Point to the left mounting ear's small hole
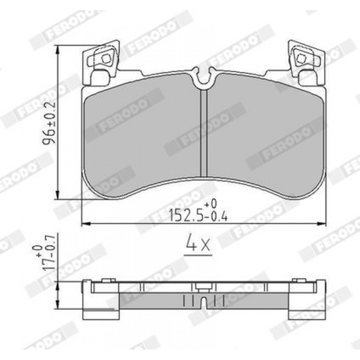[x=105, y=59]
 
